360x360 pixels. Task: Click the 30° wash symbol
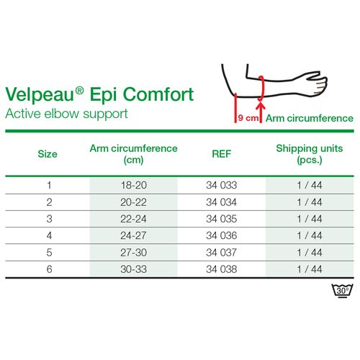(x=342, y=291)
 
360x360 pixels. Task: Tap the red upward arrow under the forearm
(x=261, y=112)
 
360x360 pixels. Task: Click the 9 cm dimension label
(x=248, y=118)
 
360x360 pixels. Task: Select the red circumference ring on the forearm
(x=261, y=89)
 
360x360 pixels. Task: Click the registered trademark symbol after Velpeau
(x=79, y=91)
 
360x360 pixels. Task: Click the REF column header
(x=221, y=154)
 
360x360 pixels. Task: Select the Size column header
(x=48, y=154)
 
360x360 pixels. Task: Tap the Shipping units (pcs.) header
(x=310, y=154)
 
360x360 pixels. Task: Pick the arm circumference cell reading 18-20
(x=134, y=185)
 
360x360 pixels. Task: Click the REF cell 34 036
(x=221, y=235)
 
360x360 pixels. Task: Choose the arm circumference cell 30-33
(x=134, y=269)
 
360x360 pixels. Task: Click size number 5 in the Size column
(x=49, y=252)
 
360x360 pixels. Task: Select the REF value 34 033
(x=221, y=185)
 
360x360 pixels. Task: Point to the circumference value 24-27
(x=133, y=235)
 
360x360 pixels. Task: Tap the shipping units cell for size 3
(x=310, y=219)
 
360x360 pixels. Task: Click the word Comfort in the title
(x=158, y=94)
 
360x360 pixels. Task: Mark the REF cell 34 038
(x=221, y=269)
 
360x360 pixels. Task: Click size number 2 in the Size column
(x=49, y=202)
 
